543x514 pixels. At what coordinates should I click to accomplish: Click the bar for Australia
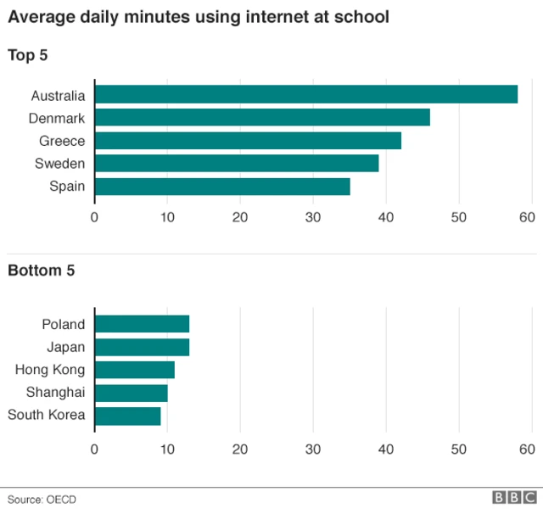tap(305, 94)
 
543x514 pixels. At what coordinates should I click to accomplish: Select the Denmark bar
tap(262, 117)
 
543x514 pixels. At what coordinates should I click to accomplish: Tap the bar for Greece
tap(248, 140)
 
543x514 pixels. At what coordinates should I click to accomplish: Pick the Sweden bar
tap(237, 163)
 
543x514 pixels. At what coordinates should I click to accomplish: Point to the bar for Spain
tap(222, 186)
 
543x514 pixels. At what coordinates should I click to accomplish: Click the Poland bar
tap(142, 324)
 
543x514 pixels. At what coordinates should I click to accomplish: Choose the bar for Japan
tap(142, 347)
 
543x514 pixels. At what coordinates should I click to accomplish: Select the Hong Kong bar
tap(134, 370)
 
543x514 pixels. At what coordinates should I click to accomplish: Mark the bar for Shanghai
tap(131, 393)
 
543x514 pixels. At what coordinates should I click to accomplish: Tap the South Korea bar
tap(127, 416)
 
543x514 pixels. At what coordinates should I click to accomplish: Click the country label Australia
tap(58, 95)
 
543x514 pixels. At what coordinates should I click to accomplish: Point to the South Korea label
tap(46, 416)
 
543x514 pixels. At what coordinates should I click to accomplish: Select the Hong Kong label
tap(50, 370)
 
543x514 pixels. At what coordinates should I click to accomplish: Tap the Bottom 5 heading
tap(42, 271)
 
